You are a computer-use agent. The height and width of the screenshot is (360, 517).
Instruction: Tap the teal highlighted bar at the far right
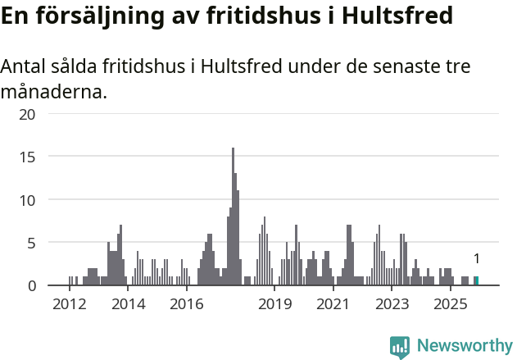point(476,281)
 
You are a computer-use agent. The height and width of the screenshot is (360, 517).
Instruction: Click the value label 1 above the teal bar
point(476,259)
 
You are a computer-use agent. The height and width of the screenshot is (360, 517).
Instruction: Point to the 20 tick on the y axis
point(27,114)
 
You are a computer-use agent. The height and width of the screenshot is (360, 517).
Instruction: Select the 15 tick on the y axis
point(27,157)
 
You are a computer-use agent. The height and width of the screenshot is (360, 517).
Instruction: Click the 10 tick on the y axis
point(27,199)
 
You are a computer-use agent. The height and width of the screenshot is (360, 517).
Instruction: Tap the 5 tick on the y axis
point(31,243)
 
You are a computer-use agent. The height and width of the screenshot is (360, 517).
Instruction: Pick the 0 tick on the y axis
point(31,285)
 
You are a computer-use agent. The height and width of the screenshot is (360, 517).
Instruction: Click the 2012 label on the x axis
point(69,304)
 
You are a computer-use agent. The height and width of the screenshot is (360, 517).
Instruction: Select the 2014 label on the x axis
point(128,304)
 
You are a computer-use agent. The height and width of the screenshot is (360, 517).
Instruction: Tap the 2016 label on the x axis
point(187,304)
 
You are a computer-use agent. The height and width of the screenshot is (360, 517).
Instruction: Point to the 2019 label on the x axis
point(275,304)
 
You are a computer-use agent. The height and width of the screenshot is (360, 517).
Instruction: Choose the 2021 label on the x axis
point(333,304)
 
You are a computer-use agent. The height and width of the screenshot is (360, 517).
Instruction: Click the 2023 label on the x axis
point(392,304)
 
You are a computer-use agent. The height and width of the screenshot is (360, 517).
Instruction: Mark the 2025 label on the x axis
point(450,304)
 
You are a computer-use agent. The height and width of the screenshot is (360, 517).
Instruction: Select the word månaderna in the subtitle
point(54,91)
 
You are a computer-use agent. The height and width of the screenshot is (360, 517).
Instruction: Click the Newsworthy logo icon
point(400,347)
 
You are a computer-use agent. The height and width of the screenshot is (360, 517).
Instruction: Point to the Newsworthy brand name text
point(465,347)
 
